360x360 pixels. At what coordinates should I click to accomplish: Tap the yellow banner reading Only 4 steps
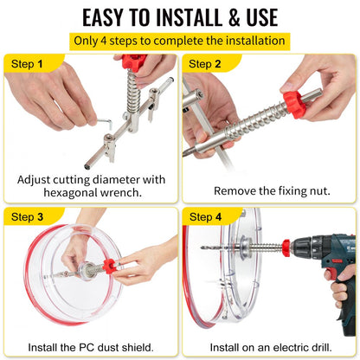click(x=179, y=41)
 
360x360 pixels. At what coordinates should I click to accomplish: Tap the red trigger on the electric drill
click(x=329, y=274)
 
